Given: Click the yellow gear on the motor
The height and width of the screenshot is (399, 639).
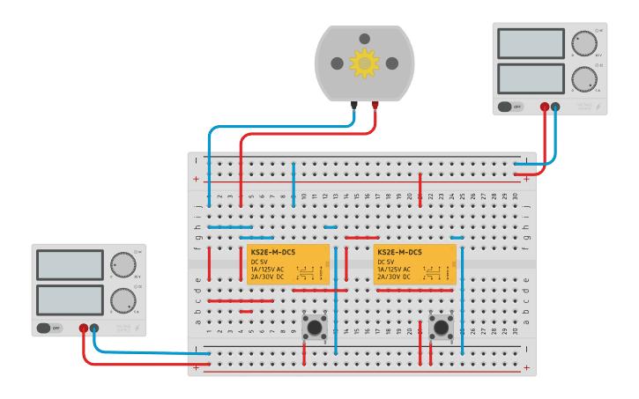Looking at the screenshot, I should pyautogui.click(x=364, y=63).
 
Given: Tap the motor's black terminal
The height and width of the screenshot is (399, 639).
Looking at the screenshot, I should pyautogui.click(x=354, y=105).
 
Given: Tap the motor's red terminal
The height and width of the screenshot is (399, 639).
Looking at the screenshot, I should pyautogui.click(x=375, y=105).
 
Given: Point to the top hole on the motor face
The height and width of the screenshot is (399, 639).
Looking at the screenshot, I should pyautogui.click(x=365, y=39).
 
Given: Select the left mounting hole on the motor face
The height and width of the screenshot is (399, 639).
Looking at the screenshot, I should pyautogui.click(x=337, y=63).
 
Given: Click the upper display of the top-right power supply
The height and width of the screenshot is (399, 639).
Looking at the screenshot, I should pyautogui.click(x=531, y=44).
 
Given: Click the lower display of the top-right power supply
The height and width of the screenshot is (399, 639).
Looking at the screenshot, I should pyautogui.click(x=531, y=78).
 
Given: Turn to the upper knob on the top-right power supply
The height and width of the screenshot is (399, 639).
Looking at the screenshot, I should pyautogui.click(x=583, y=43).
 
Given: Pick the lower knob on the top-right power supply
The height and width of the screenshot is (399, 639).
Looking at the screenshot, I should pyautogui.click(x=583, y=78).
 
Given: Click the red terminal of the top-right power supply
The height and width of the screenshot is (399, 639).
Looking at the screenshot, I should pyautogui.click(x=545, y=107).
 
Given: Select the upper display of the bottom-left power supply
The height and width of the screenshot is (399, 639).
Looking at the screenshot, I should pyautogui.click(x=70, y=265).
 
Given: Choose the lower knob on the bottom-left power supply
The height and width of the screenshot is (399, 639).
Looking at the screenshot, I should pyautogui.click(x=123, y=300).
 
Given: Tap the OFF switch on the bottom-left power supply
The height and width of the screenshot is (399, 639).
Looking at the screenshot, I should pyautogui.click(x=49, y=329).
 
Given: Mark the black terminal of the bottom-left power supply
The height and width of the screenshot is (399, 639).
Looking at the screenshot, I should pyautogui.click(x=94, y=329).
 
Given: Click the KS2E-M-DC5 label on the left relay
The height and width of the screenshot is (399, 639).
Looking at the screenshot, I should pyautogui.click(x=273, y=253).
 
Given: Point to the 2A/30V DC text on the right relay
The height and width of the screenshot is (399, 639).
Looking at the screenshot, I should pyautogui.click(x=394, y=277).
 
